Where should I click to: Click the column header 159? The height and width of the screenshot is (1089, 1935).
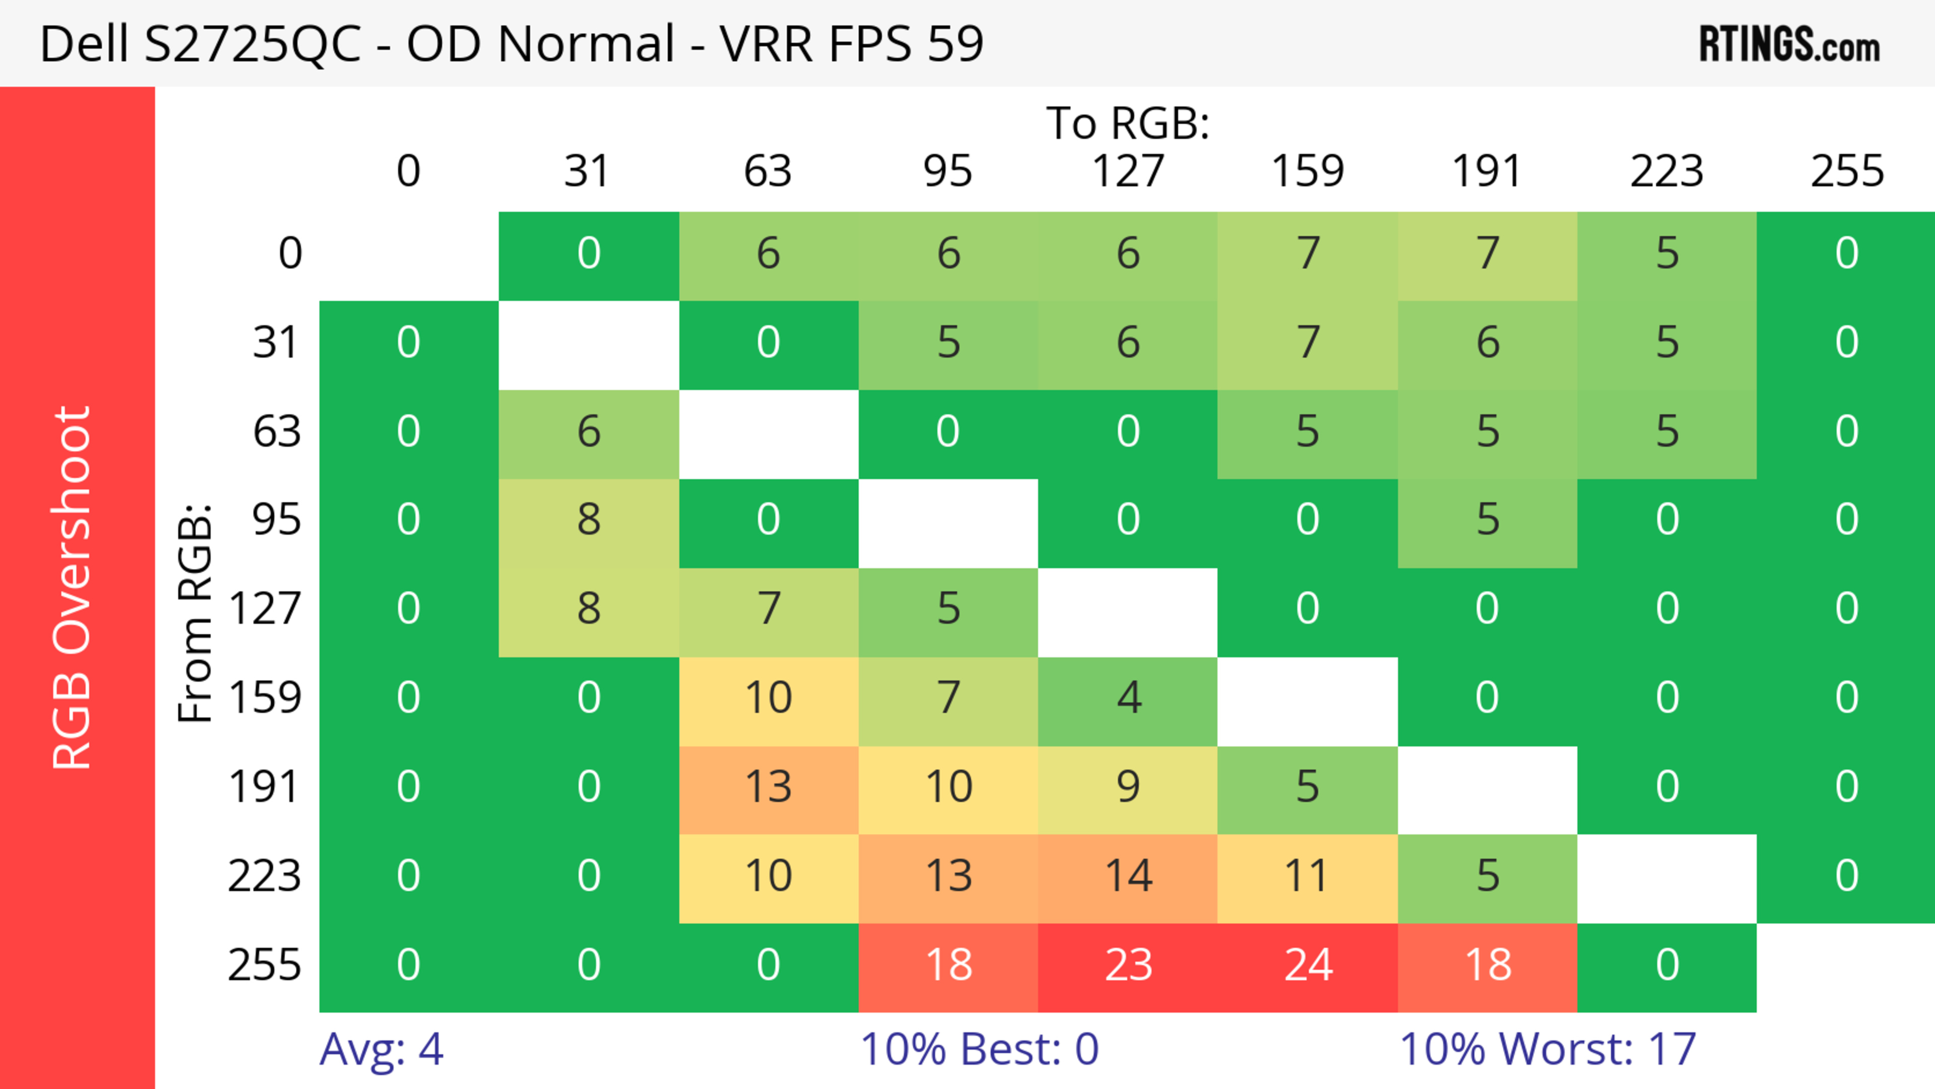[1307, 171]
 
